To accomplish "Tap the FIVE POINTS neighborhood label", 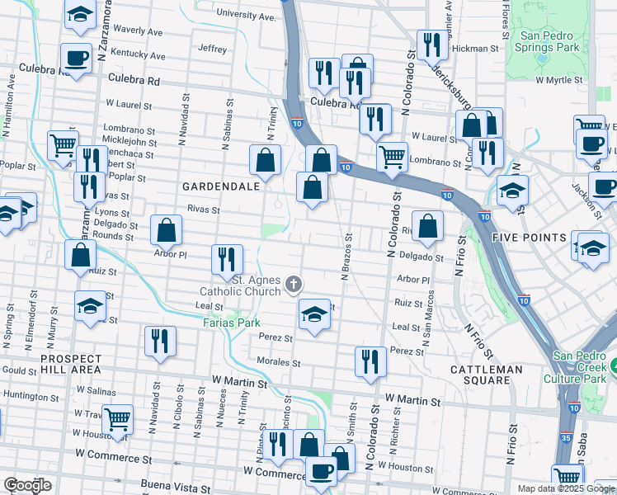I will (527, 237).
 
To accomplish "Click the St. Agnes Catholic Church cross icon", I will (293, 285).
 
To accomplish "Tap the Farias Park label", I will (233, 323).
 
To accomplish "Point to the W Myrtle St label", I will (559, 80).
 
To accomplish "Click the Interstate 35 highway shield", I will (565, 438).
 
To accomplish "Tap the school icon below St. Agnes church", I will (313, 314).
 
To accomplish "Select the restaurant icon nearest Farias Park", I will (160, 340).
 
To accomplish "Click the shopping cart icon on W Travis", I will (118, 418).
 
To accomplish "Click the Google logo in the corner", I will (27, 485).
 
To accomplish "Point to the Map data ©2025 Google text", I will (566, 488).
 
